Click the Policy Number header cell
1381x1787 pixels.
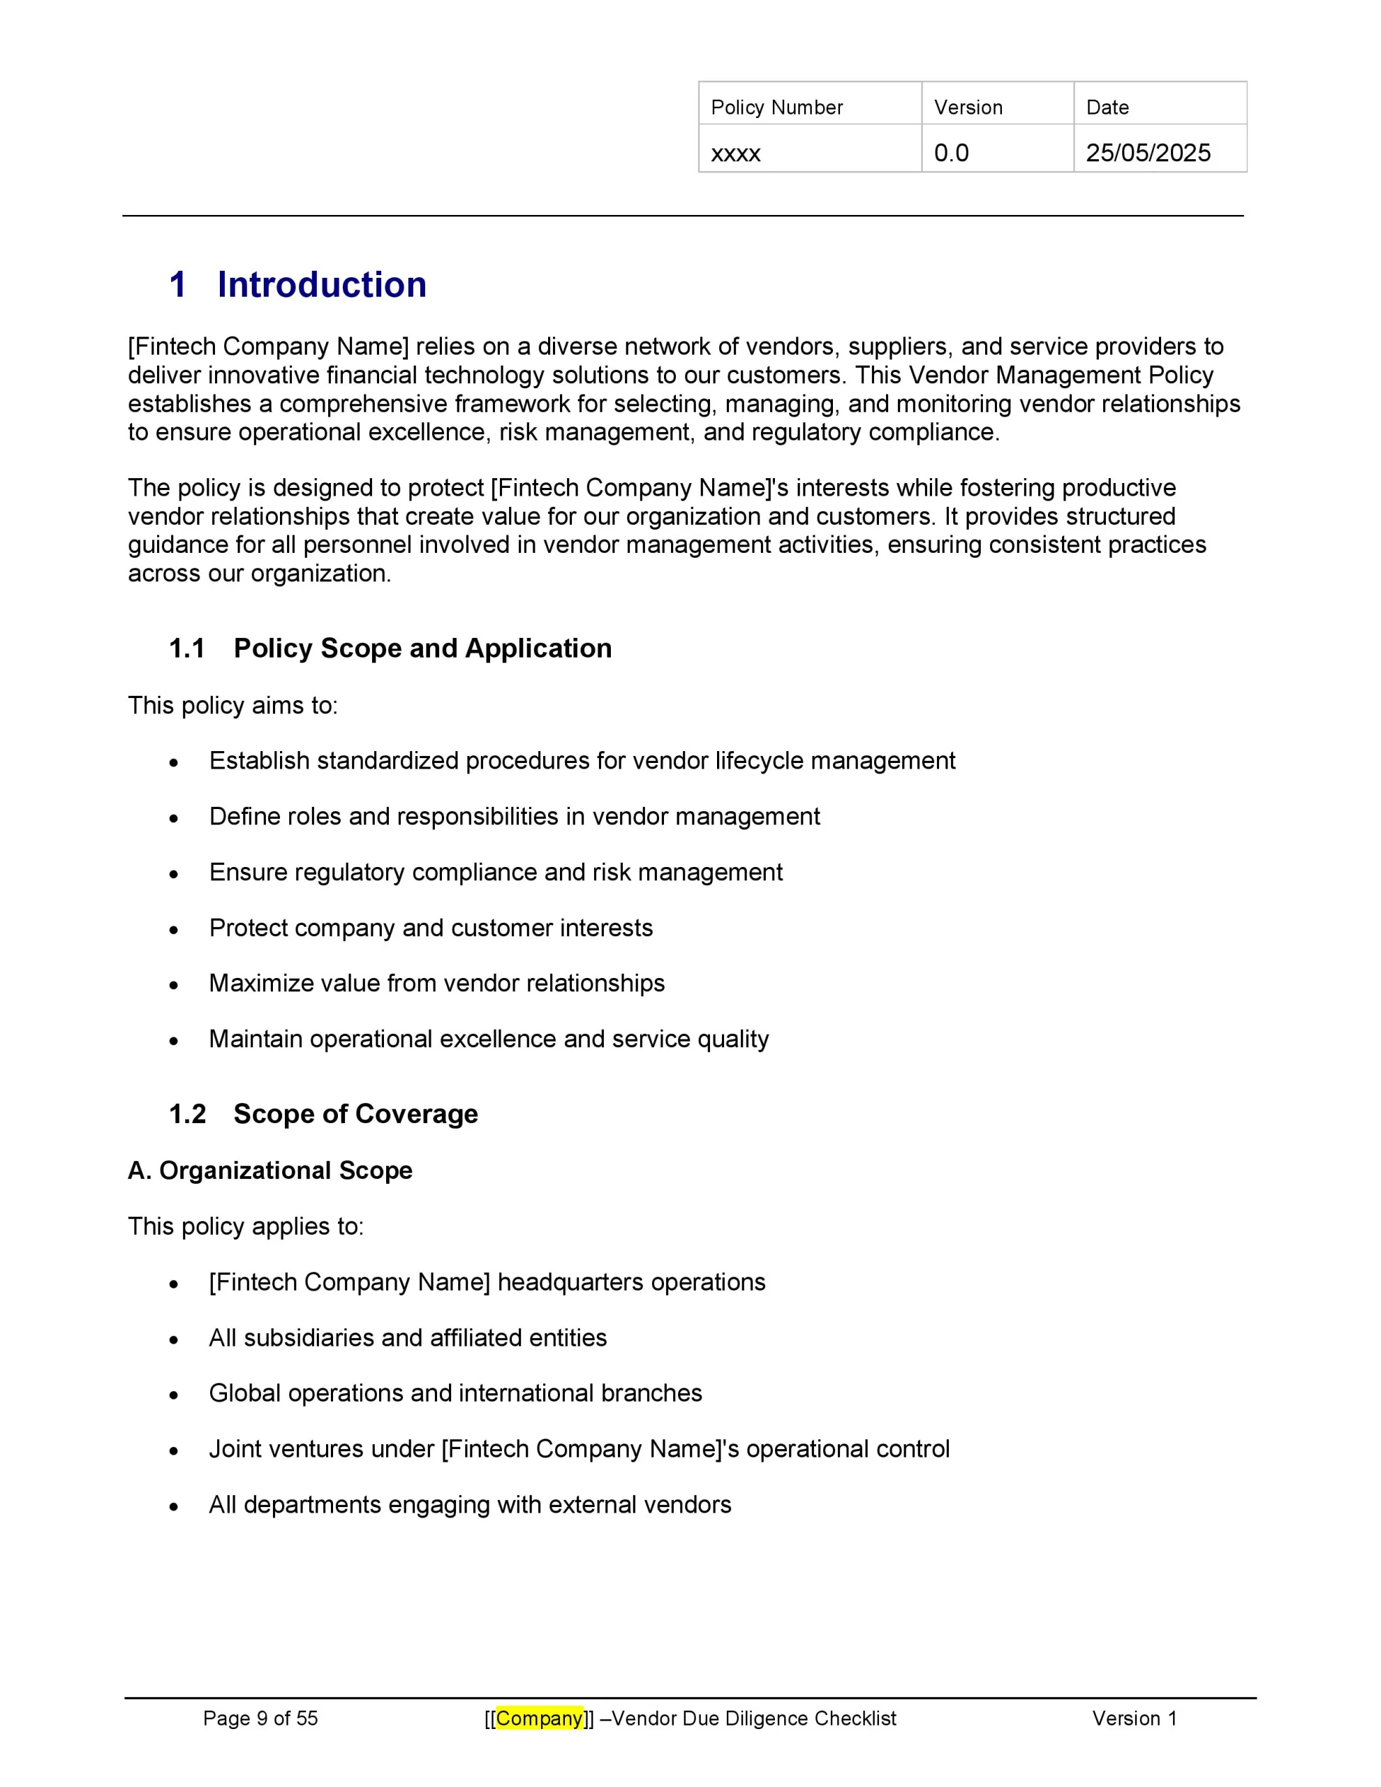[x=776, y=107]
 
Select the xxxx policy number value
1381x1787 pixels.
[x=735, y=153]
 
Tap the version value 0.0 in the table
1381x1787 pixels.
[x=950, y=153]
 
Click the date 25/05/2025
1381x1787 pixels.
[x=1147, y=153]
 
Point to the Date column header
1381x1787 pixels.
[x=1107, y=107]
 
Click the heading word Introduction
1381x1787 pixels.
[x=321, y=285]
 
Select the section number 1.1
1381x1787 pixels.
[x=186, y=648]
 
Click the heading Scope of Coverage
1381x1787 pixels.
[x=355, y=1113]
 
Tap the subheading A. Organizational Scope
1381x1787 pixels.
[x=269, y=1170]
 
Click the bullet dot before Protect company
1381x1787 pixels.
[x=174, y=930]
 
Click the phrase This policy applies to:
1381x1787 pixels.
[x=246, y=1226]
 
